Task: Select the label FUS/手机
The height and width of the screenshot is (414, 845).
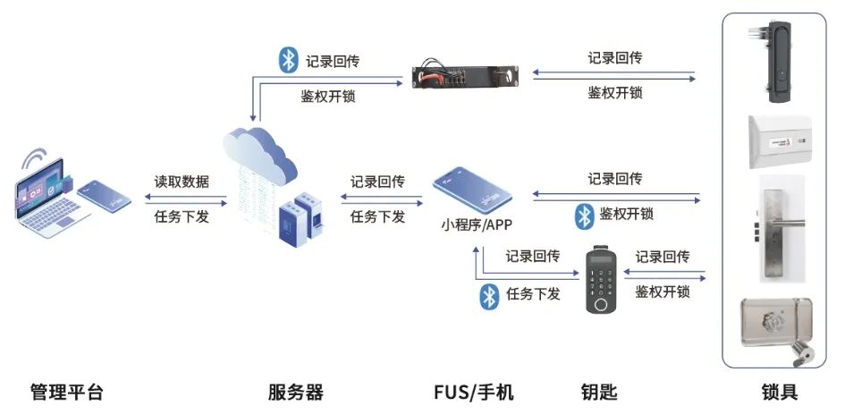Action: tap(474, 392)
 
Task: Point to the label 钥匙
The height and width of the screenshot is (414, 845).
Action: tap(599, 392)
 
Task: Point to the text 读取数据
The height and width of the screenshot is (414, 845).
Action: tap(182, 182)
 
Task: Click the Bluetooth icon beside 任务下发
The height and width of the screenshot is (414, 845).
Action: tap(489, 296)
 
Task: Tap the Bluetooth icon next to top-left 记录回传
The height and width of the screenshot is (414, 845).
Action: tap(288, 59)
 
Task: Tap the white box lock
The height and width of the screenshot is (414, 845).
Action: tap(778, 140)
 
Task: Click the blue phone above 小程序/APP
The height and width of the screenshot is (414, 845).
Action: tap(472, 189)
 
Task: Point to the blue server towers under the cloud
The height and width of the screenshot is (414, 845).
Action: tap(299, 219)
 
